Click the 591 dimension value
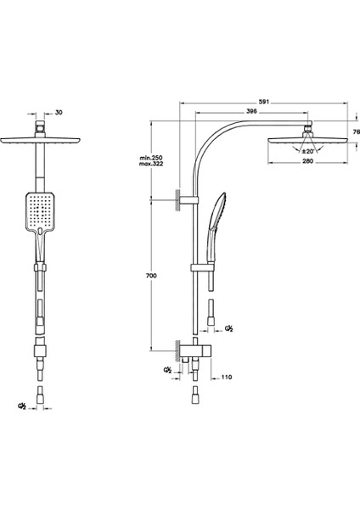pos(264,102)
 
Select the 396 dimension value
pos(252,111)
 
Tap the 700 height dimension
pos(151,276)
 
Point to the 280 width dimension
pos(307,161)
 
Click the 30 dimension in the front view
pos(59,112)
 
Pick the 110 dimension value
pos(227,377)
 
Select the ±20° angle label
pos(307,151)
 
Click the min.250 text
pos(151,158)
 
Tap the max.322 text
pos(151,164)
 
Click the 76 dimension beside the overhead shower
pos(357,131)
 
